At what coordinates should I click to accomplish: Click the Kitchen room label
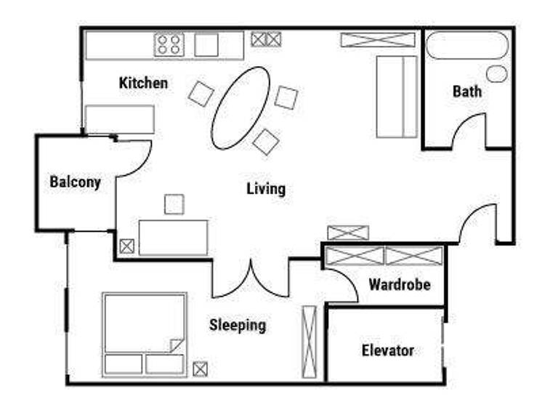pos(143,83)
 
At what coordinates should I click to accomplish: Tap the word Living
pos(265,189)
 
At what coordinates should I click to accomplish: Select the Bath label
pos(466,92)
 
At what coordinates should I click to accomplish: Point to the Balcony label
pos(75,182)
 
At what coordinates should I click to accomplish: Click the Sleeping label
pos(237,325)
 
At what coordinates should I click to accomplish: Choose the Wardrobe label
pos(399,284)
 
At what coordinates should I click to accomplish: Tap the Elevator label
pos(387,351)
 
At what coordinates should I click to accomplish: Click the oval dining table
pos(240,108)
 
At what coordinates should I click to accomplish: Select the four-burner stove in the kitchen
pos(169,45)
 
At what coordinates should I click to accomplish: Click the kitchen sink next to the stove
pos(206,45)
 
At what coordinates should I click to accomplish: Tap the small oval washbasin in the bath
pos(497,73)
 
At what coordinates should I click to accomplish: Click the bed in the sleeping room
pos(144,334)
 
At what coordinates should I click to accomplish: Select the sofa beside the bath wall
pos(397,96)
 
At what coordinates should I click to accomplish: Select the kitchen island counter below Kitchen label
pos(120,119)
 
